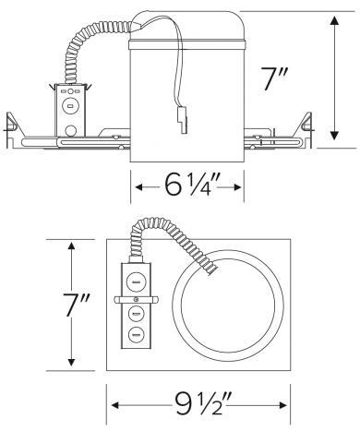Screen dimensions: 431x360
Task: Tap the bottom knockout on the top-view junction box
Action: click(135, 334)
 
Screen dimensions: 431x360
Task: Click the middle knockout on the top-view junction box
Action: click(135, 314)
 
